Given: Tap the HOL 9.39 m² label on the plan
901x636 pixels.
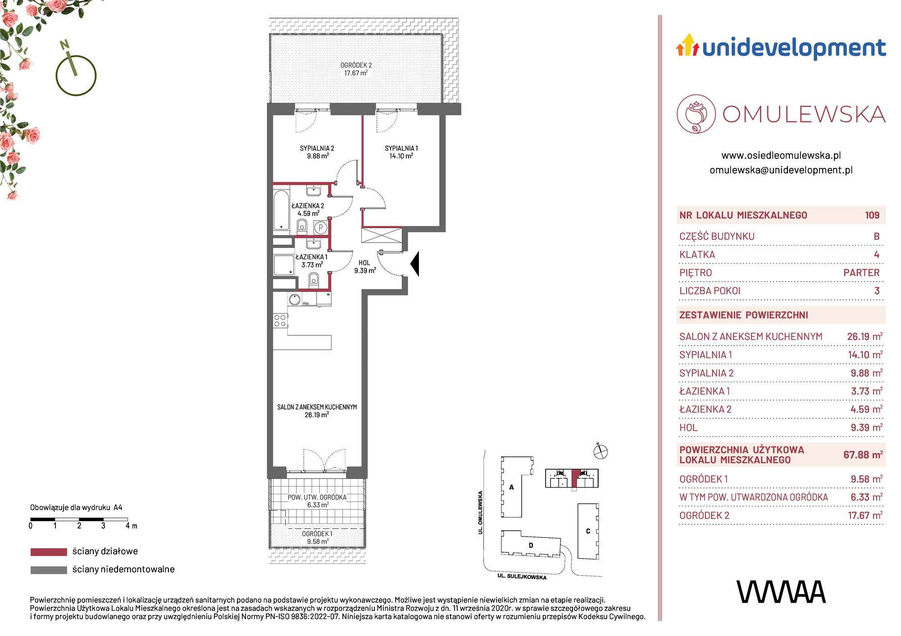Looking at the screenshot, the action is [x=365, y=267].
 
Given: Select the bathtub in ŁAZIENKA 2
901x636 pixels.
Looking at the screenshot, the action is [x=282, y=211].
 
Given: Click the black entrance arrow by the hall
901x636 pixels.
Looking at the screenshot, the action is [x=415, y=264].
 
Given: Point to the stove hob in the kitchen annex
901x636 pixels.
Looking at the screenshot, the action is [x=280, y=320].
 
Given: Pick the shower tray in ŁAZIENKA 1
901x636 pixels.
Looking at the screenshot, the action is [x=283, y=266].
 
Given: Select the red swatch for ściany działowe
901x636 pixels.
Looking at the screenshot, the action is [x=49, y=552].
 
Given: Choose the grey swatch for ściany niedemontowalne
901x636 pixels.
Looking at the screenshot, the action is [x=49, y=570].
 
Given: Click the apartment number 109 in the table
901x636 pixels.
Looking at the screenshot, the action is [x=872, y=215].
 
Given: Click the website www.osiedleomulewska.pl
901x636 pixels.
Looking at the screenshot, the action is [x=781, y=155].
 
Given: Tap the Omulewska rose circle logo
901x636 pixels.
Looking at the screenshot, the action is [x=696, y=114].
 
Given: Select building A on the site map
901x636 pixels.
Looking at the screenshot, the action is [x=517, y=487].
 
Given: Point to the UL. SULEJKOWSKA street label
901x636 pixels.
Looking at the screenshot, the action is [x=522, y=577].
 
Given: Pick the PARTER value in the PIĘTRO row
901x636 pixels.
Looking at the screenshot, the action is [x=861, y=273].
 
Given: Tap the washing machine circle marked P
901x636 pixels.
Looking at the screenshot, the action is [x=321, y=228].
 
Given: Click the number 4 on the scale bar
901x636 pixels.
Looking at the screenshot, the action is [x=127, y=526].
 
